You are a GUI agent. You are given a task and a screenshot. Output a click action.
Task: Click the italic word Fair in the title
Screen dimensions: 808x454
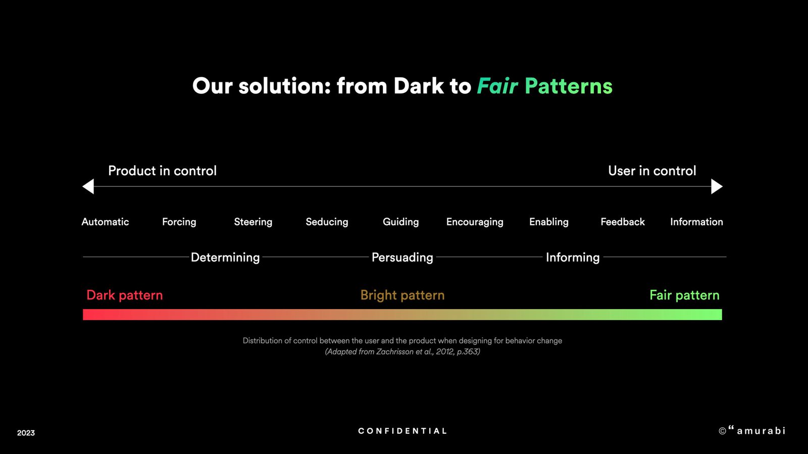tap(497, 86)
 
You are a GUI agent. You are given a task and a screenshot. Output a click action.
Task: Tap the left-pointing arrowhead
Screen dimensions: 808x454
tap(88, 186)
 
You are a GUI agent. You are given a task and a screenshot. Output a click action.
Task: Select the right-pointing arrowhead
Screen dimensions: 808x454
tap(717, 186)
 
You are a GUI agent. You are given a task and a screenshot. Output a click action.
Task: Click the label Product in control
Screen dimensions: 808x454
tap(162, 171)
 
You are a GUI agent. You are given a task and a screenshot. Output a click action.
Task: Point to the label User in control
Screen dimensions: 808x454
tap(652, 171)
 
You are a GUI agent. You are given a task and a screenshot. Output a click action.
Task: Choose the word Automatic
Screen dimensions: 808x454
tap(105, 222)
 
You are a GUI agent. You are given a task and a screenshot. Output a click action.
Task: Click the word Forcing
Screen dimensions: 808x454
tap(179, 222)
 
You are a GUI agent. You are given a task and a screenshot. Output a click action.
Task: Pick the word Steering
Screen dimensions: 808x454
tap(253, 222)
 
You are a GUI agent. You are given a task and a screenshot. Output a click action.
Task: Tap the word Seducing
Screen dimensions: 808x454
tap(327, 222)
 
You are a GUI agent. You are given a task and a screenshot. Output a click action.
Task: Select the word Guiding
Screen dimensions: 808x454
tap(401, 222)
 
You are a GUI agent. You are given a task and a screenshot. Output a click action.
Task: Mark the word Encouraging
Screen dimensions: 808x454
tap(475, 222)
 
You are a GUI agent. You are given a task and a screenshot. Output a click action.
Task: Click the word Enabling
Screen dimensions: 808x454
tap(548, 222)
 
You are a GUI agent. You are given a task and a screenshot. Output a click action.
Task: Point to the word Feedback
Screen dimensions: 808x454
tap(623, 222)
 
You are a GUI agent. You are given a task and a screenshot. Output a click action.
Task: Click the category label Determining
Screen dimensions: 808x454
tap(225, 258)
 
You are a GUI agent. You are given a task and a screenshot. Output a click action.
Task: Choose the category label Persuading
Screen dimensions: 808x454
tap(402, 258)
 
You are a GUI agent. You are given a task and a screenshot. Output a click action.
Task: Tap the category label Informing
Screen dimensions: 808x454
tap(573, 258)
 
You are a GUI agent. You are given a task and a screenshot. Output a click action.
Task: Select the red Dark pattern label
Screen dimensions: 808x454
tap(124, 295)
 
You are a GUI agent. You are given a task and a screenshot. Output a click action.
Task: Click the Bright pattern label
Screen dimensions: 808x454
tap(402, 295)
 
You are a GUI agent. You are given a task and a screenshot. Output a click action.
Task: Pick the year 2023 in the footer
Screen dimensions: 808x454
tap(26, 433)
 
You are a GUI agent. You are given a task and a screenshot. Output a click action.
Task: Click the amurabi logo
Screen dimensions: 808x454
tap(752, 430)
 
